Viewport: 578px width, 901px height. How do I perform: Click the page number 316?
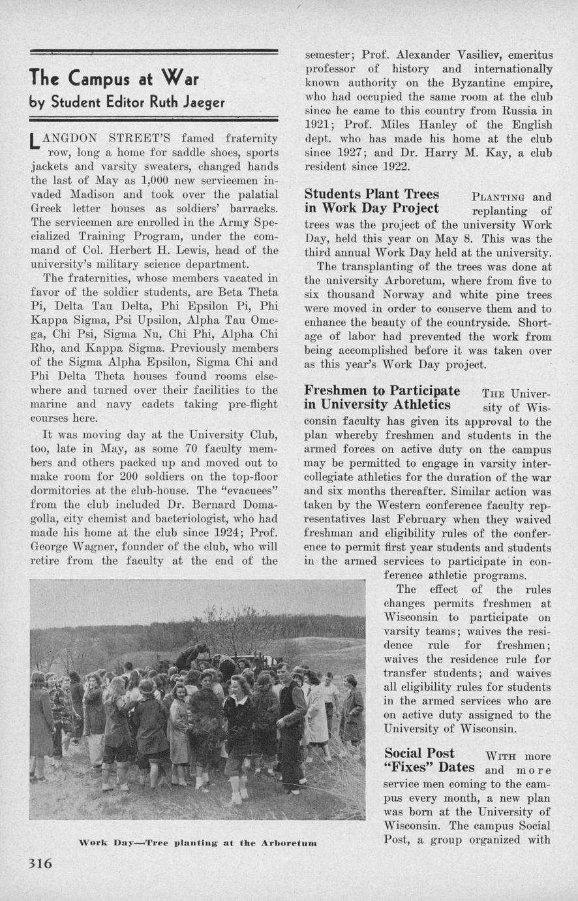(40, 863)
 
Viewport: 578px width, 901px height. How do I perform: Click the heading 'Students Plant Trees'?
(372, 194)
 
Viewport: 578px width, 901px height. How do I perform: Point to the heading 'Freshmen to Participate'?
(382, 390)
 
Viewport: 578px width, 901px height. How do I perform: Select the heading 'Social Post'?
(419, 753)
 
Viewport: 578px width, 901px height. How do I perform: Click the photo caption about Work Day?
(197, 843)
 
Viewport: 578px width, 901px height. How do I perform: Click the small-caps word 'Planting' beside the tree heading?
(498, 197)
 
